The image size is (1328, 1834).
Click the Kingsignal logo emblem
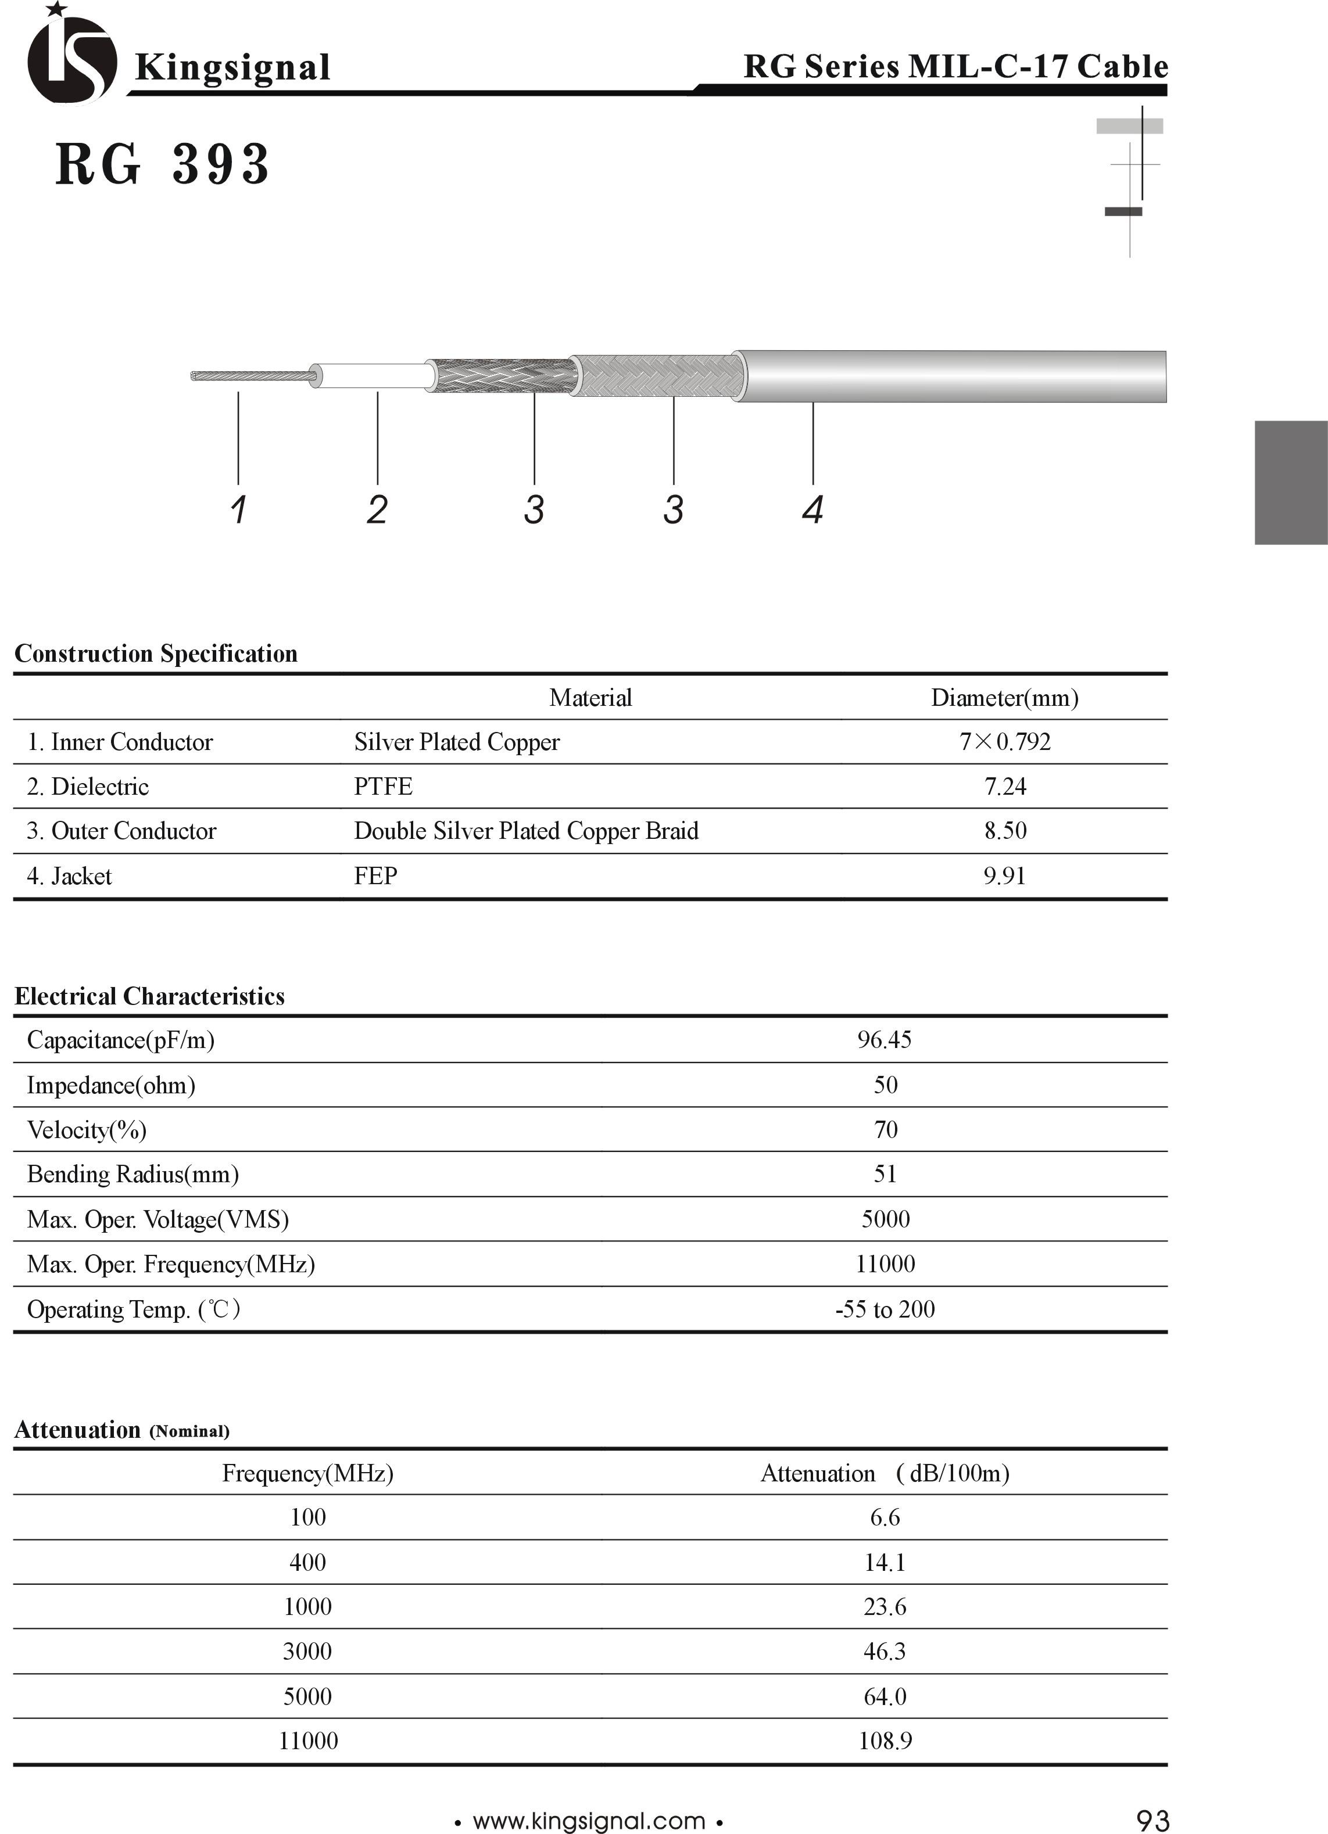pyautogui.click(x=71, y=56)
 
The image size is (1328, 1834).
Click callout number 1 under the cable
pyautogui.click(x=238, y=509)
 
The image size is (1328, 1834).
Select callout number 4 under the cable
pyautogui.click(x=813, y=509)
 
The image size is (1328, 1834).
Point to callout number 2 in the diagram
pyautogui.click(x=377, y=509)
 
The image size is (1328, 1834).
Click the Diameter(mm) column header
pyautogui.click(x=1004, y=698)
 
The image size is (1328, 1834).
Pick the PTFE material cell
pyautogui.click(x=384, y=787)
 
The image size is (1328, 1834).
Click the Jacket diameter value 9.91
pyautogui.click(x=1004, y=877)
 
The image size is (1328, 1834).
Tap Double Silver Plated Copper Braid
pyautogui.click(x=526, y=831)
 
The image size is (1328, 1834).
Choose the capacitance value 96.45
pyautogui.click(x=885, y=1040)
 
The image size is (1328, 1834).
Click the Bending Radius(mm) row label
pyautogui.click(x=133, y=1174)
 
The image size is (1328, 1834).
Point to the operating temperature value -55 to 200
pyautogui.click(x=885, y=1309)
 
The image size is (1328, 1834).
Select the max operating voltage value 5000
pyautogui.click(x=885, y=1219)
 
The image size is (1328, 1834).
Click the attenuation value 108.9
pyautogui.click(x=885, y=1741)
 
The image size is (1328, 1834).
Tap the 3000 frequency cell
pyautogui.click(x=307, y=1651)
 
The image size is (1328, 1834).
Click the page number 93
pyautogui.click(x=1152, y=1820)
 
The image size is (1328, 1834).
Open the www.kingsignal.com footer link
pyautogui.click(x=589, y=1821)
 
